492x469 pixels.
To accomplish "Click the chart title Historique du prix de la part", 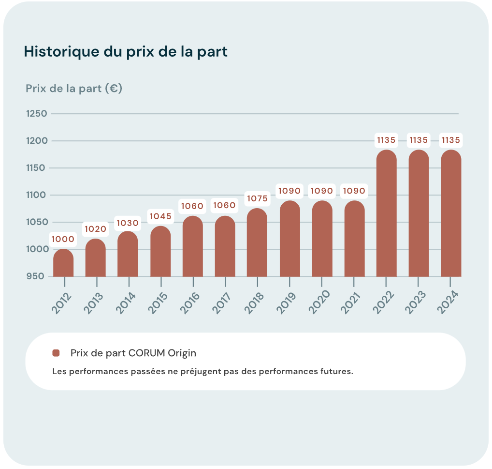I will [126, 52].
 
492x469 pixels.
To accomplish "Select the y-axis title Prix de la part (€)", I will [73, 89].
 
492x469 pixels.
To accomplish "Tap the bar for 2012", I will [63, 264].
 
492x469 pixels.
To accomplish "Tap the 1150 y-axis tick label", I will [36, 168].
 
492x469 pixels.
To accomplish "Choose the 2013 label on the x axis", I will [94, 303].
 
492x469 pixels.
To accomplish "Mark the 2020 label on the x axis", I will [319, 303].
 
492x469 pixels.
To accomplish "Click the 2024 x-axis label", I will [449, 303].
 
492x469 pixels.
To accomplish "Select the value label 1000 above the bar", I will [63, 239].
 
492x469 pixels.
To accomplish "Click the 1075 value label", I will [257, 198].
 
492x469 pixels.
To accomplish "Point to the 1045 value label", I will [160, 216].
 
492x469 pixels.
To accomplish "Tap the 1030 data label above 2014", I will [128, 223].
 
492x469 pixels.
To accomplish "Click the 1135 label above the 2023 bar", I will [419, 140].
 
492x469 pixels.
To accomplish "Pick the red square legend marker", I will [56, 353].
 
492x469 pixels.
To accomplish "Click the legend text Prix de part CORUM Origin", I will [133, 353].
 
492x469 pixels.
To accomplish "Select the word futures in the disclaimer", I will [338, 372].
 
